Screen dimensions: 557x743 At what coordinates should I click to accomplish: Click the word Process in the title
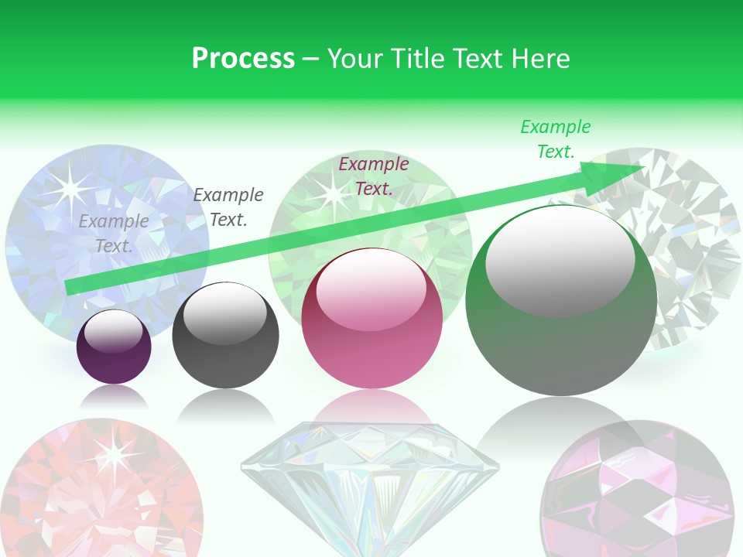(243, 59)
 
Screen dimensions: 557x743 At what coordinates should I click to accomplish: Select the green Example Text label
(556, 139)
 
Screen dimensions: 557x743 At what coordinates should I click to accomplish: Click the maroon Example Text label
(374, 176)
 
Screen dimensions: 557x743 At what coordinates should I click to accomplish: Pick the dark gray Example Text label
(228, 207)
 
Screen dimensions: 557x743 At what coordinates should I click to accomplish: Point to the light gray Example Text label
(114, 234)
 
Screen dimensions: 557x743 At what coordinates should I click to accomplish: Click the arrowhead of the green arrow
(619, 172)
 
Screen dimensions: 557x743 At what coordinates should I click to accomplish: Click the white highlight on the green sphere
(560, 259)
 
